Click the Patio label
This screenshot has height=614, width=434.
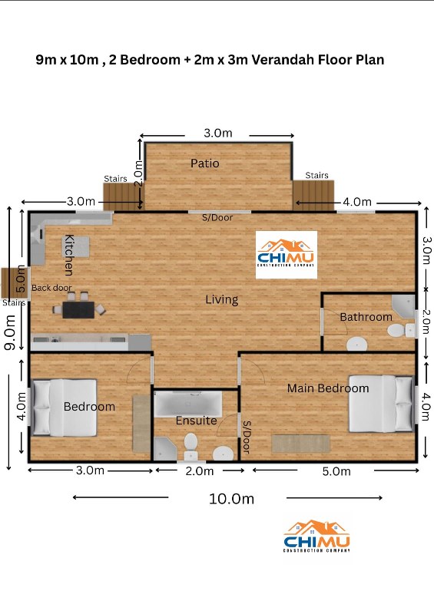click(x=204, y=163)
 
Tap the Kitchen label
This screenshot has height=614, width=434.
click(x=69, y=255)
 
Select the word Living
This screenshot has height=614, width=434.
click(x=222, y=300)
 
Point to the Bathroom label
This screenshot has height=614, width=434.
click(x=366, y=317)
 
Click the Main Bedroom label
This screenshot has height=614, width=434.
click(x=328, y=388)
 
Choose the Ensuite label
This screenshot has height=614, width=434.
click(x=196, y=421)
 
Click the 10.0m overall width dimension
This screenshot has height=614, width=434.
click(x=231, y=499)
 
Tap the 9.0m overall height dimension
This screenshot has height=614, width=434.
click(x=9, y=332)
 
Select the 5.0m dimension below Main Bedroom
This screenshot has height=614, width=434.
click(x=336, y=471)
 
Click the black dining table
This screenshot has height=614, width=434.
click(x=78, y=309)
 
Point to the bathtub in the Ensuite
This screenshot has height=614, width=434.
click(x=187, y=404)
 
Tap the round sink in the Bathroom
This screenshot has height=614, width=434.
click(x=356, y=344)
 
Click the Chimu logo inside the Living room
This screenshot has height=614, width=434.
click(x=287, y=255)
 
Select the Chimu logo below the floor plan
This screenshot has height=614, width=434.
click(x=316, y=536)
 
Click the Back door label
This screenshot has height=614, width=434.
click(x=51, y=288)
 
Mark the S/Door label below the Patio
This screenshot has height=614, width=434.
click(x=217, y=218)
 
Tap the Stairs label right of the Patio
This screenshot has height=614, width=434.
click(x=316, y=175)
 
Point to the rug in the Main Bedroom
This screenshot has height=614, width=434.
click(x=301, y=444)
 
